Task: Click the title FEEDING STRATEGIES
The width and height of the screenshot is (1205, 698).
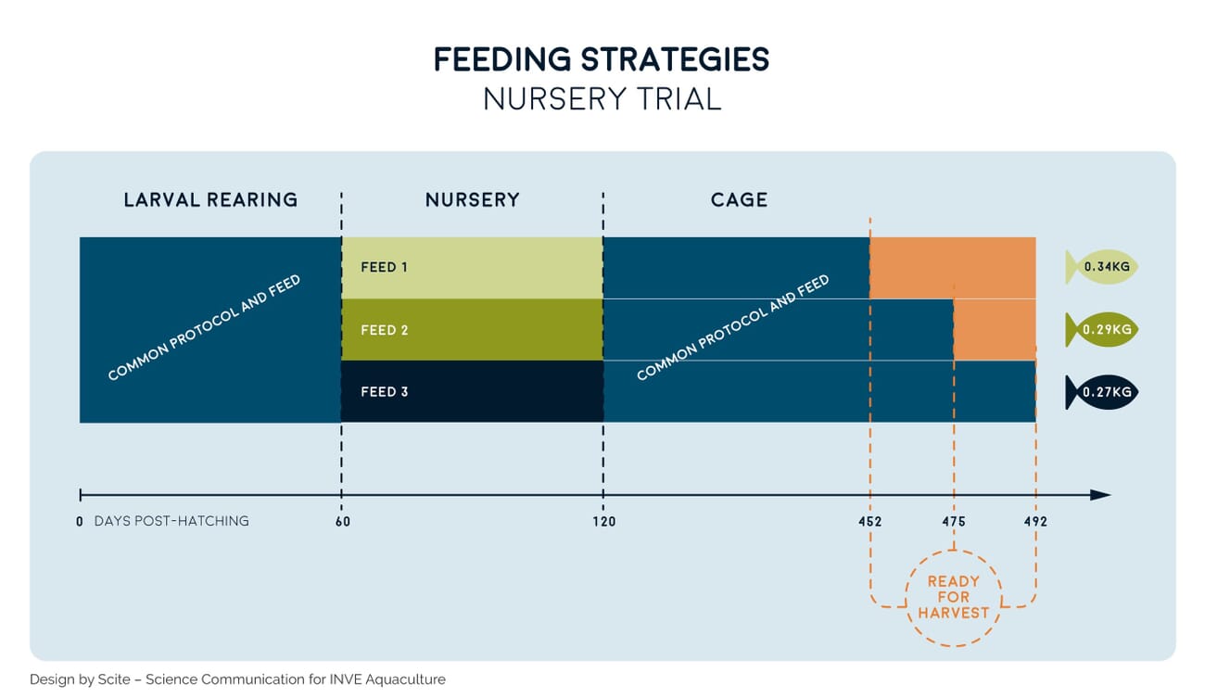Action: tap(602, 60)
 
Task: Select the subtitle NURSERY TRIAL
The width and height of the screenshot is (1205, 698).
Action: tap(602, 98)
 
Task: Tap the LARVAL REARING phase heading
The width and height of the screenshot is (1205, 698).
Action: tap(210, 200)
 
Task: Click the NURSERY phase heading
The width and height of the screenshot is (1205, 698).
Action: tap(472, 200)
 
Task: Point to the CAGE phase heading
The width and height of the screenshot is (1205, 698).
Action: tap(739, 200)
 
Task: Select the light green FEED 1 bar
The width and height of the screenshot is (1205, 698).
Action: tap(472, 268)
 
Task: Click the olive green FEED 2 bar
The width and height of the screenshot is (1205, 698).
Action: tap(472, 330)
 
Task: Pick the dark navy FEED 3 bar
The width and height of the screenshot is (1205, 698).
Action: tap(472, 392)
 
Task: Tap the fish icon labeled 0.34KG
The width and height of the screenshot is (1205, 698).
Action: tap(1102, 268)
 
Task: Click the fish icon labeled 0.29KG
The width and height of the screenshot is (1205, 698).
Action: tap(1102, 330)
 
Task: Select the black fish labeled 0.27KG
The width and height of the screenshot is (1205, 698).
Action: tap(1102, 392)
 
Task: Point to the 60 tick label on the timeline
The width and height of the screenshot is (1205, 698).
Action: tap(341, 522)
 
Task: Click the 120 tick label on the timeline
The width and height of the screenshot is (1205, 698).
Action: tap(603, 522)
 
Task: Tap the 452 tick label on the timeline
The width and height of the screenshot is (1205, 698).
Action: tap(869, 522)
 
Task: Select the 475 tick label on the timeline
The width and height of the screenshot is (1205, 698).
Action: tap(954, 522)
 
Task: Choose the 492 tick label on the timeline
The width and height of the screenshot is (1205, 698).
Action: tap(1035, 522)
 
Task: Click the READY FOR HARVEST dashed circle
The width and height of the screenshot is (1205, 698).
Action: tap(953, 598)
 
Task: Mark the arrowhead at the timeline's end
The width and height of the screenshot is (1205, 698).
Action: tap(1100, 495)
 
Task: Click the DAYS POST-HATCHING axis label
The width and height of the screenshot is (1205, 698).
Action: tap(171, 522)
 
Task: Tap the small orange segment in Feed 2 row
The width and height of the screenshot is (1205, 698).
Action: tap(995, 330)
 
